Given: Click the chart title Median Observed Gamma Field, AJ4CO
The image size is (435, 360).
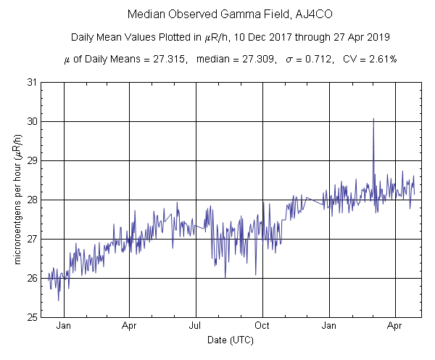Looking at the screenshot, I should coord(217,15).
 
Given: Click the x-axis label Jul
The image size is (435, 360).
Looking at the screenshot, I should coord(196,326).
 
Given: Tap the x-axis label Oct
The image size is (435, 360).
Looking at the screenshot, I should coord(262,326).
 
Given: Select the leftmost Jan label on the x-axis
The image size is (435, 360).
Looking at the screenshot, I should coord(64,326).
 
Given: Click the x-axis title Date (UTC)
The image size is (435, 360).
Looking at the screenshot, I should coord(230,340).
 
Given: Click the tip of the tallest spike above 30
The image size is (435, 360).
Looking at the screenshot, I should coord(373,118).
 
